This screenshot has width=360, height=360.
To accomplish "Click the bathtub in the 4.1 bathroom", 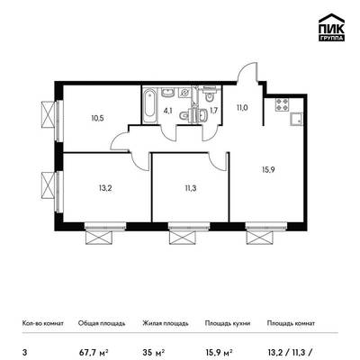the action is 149,104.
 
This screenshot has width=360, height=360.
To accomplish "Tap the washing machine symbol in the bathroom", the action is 184,93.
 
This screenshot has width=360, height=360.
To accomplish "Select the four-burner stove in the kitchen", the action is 282,104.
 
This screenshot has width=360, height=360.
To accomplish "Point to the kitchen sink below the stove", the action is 296,119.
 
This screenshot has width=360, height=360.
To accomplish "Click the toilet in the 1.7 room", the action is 208,96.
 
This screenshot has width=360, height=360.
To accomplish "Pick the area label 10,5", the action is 97,118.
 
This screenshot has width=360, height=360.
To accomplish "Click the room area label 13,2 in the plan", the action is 105,188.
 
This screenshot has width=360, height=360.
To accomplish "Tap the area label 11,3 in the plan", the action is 191,188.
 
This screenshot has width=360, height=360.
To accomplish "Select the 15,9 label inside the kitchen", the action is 268,170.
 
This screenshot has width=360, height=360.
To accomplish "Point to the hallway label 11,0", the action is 242,108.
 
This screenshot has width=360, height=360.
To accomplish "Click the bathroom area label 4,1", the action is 167,110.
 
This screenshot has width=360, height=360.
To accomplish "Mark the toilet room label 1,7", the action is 213,111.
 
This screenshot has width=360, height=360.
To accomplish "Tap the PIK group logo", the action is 331,28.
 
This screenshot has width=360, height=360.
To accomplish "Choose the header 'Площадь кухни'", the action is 228,323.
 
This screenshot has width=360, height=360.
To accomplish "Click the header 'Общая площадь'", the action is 102,323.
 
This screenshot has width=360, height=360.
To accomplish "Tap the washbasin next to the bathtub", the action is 167,93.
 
